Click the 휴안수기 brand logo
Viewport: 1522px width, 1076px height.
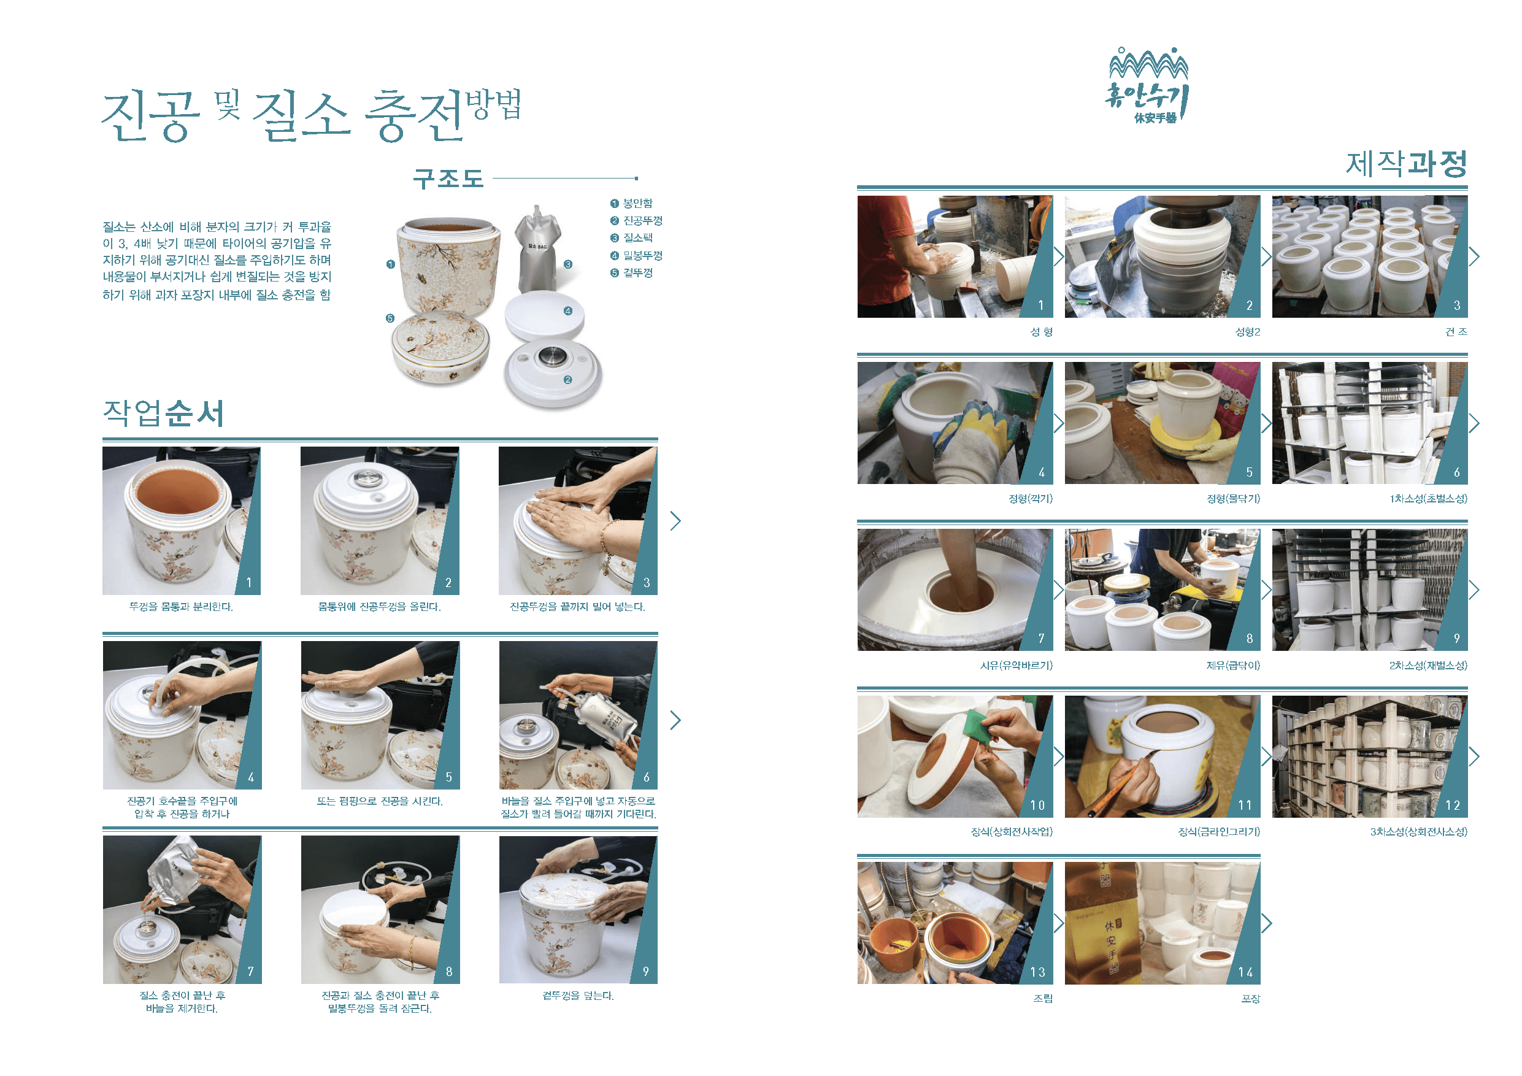pyautogui.click(x=1147, y=86)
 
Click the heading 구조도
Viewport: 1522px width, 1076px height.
pyautogui.click(x=448, y=179)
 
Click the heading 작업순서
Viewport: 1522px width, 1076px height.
pyautogui.click(x=163, y=413)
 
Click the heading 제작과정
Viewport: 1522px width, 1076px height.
pyautogui.click(x=1406, y=164)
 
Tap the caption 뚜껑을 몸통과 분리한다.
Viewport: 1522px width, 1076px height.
pyautogui.click(x=181, y=607)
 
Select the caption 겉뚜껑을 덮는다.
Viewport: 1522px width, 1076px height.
pyautogui.click(x=578, y=995)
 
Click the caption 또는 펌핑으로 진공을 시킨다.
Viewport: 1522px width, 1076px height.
pyautogui.click(x=379, y=801)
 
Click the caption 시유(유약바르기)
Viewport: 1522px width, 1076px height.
pyautogui.click(x=1015, y=665)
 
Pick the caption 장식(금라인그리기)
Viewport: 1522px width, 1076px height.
pyautogui.click(x=1218, y=831)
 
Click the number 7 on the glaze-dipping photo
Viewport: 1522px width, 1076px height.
pyautogui.click(x=1042, y=638)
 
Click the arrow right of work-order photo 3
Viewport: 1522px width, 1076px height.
pyautogui.click(x=675, y=520)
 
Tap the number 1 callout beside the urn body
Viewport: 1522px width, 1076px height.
pyautogui.click(x=390, y=264)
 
